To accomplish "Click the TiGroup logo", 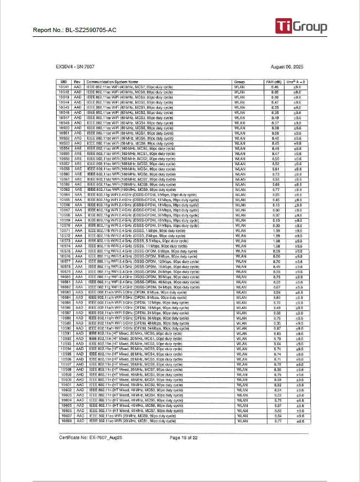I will point(301,26).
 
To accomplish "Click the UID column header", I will point(64,82).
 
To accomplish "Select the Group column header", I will point(239,82).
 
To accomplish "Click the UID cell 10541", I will point(64,87).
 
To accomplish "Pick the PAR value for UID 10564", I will point(275,196).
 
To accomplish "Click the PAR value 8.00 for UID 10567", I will point(275,211).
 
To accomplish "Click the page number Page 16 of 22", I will point(183,437).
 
